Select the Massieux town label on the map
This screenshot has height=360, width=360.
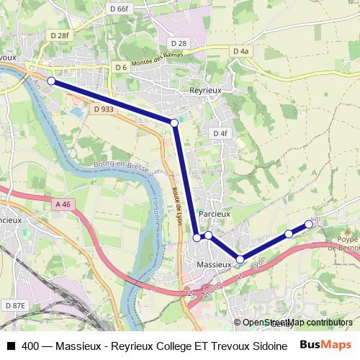click(x=215, y=265)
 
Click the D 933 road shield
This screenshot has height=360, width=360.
click(x=104, y=109)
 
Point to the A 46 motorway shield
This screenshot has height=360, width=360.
click(x=64, y=204)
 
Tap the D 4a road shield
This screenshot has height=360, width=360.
click(x=240, y=51)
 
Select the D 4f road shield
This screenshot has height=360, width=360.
click(x=220, y=134)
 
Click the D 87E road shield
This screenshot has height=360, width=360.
click(x=14, y=306)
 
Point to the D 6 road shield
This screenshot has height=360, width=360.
click(x=120, y=68)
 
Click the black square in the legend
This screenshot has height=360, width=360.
click(x=10, y=346)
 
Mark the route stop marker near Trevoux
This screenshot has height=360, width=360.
click(x=51, y=81)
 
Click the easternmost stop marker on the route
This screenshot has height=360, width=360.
click(x=309, y=224)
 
